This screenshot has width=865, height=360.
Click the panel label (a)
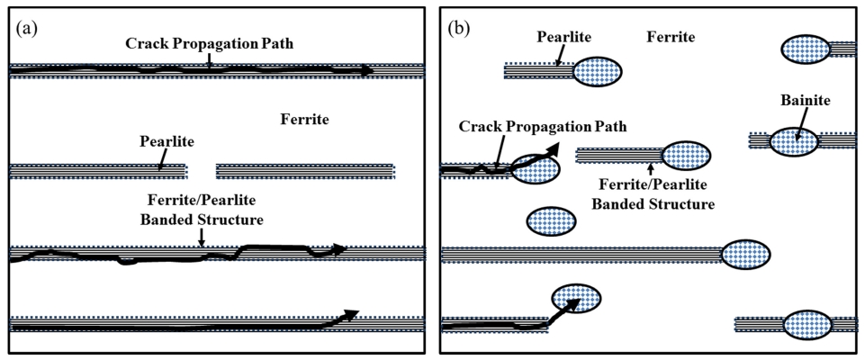(x=26, y=28)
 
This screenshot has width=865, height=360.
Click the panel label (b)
(x=459, y=28)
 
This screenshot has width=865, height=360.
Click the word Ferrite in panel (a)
(x=305, y=119)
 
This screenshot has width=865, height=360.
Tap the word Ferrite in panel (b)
(x=671, y=37)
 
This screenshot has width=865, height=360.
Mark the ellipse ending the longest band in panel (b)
(x=746, y=255)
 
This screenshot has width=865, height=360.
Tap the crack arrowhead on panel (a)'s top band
(x=366, y=70)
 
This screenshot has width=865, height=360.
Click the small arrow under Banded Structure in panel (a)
(x=202, y=237)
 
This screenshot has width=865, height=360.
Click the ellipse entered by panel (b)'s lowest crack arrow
(x=575, y=297)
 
